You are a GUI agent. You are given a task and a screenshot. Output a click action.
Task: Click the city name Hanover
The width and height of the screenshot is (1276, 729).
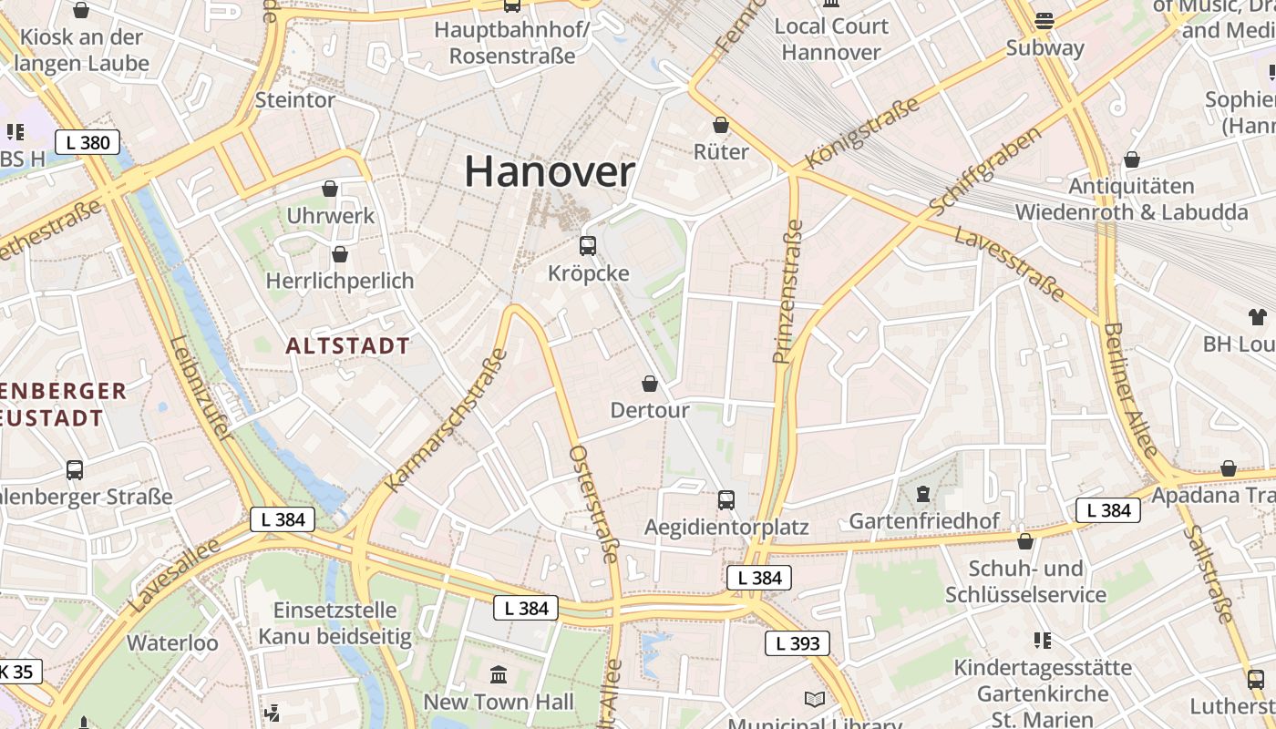550,171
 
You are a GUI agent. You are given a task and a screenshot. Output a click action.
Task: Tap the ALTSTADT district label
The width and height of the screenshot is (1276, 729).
347,346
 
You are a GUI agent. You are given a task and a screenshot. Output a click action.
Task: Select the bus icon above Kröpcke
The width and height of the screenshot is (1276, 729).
588,245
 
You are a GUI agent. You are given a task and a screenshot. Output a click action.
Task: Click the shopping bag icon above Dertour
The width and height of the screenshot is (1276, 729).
650,384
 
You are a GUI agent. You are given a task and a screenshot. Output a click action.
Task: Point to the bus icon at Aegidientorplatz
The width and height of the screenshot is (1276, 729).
726,499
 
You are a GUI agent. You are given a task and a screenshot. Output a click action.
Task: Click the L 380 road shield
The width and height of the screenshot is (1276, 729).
87,142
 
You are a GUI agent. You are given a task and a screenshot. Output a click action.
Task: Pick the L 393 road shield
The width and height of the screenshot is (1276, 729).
797,643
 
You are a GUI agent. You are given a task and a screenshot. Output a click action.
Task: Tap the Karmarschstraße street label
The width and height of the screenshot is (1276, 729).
447,419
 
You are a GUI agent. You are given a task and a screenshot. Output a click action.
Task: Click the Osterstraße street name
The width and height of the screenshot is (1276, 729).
594,504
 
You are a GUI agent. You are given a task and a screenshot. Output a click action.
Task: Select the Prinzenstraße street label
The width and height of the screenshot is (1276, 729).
787,292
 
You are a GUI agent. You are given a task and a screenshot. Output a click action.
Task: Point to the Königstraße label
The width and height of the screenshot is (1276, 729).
862,133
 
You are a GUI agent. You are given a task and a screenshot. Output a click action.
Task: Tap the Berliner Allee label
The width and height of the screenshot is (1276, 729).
1129,390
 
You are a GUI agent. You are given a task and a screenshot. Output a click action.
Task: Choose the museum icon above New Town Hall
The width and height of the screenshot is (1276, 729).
499,675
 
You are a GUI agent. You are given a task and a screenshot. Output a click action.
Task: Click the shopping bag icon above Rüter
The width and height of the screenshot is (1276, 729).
721,125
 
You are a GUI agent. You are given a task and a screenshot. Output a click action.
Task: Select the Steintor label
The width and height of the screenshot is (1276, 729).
295,99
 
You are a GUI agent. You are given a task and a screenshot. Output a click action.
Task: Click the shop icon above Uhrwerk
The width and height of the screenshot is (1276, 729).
330,189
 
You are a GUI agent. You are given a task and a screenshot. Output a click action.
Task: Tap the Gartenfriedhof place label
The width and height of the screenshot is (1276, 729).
924,521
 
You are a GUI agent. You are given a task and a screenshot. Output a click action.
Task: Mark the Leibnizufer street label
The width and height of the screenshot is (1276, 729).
199,390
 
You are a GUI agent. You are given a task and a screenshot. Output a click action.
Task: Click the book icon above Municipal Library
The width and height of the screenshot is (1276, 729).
815,699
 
